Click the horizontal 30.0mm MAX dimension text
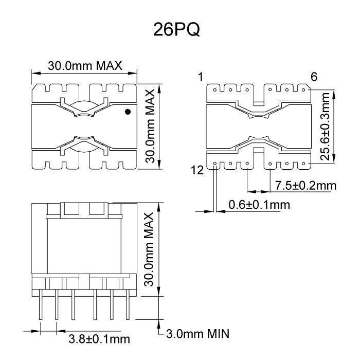tap(84, 66)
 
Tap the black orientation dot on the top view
tap(128, 112)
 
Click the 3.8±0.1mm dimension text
tap(99, 339)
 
